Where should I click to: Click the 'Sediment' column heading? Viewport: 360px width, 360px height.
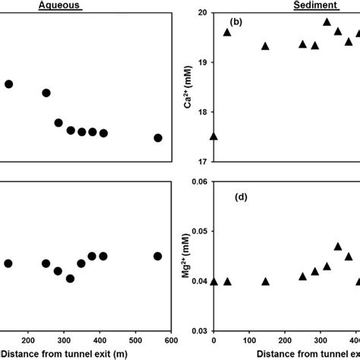click(x=276, y=5)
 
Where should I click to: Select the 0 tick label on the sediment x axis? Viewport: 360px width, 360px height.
click(x=213, y=341)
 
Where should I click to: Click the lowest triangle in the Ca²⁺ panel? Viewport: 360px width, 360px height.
click(x=213, y=136)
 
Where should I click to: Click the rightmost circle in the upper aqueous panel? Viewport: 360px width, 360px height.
click(x=158, y=137)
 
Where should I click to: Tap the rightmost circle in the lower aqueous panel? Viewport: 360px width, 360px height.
click(x=158, y=256)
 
